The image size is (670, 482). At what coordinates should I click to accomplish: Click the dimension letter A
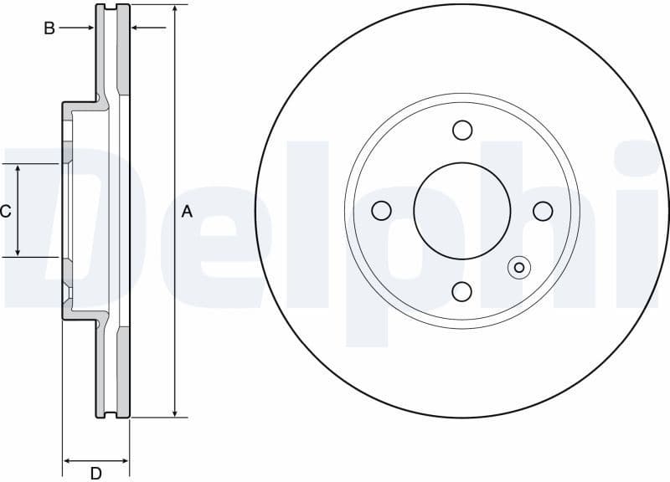click(187, 212)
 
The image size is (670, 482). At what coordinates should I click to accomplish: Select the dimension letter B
click(49, 28)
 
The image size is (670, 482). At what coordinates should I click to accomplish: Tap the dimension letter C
click(5, 211)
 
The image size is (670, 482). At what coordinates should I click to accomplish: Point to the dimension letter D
click(95, 474)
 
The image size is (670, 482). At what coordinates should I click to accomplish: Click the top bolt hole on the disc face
click(462, 131)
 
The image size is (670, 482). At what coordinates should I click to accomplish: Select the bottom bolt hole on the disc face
click(462, 291)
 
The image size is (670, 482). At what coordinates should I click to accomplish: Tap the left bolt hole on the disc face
click(382, 211)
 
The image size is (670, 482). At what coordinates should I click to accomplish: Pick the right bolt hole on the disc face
click(543, 211)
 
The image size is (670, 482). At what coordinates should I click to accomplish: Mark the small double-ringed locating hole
click(519, 268)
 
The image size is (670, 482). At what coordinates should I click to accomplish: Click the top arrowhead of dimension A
click(174, 9)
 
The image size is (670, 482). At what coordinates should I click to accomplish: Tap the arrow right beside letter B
click(88, 28)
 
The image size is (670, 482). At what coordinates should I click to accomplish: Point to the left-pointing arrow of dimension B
click(137, 28)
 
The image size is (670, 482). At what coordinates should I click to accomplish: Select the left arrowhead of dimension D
click(68, 460)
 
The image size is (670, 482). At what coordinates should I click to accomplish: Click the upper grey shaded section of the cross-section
click(123, 50)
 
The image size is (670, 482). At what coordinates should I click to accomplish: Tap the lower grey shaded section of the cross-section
click(123, 372)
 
